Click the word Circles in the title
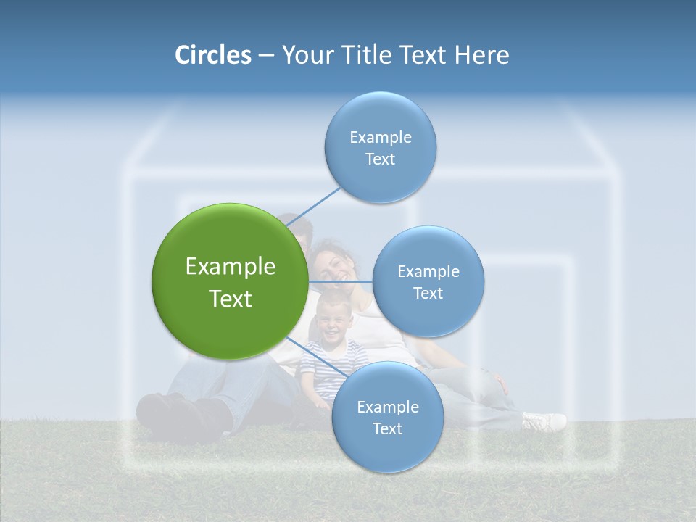(x=212, y=55)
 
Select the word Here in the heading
(x=481, y=55)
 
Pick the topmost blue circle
(x=380, y=116)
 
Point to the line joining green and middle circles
(x=341, y=281)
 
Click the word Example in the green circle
(x=230, y=267)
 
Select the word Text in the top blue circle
(x=380, y=159)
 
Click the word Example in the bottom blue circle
(x=387, y=407)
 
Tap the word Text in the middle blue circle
(x=428, y=294)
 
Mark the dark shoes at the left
(x=174, y=415)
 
